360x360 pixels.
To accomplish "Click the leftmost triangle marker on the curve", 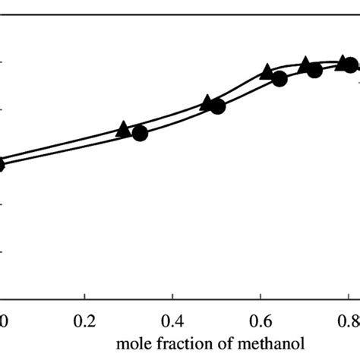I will (x=123, y=129).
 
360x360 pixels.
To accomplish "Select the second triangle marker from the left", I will (x=207, y=103).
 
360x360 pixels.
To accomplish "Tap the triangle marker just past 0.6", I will (x=267, y=72).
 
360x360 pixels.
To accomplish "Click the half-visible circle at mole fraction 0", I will (x=2, y=163).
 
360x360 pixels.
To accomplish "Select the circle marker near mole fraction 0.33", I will (x=140, y=134).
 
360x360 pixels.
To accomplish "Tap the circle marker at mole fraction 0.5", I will (x=217, y=106).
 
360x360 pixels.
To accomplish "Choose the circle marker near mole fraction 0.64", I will (x=279, y=79).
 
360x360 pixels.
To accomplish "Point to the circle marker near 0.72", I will (x=314, y=68).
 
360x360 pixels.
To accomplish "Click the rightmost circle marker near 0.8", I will (x=350, y=65).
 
